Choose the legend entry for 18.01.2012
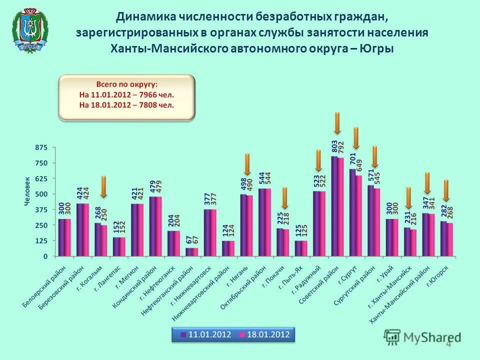264,334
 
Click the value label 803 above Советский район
334,146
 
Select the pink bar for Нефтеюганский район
195,251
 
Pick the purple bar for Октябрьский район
261,222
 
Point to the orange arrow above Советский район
337,123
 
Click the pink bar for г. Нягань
249,225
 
